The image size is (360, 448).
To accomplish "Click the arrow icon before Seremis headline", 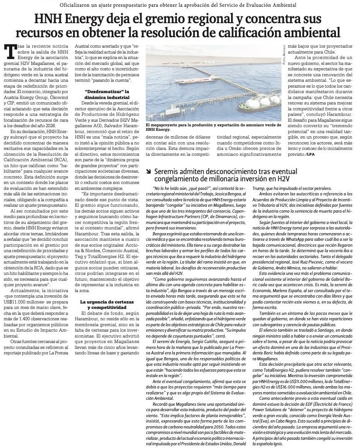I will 149,172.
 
